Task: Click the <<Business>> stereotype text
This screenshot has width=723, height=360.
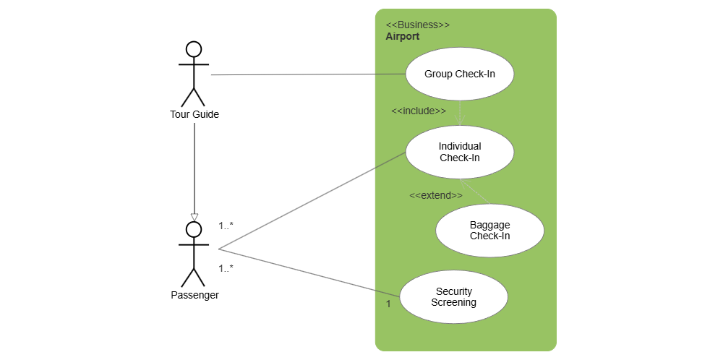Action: point(417,25)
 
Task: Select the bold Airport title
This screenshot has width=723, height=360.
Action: point(402,36)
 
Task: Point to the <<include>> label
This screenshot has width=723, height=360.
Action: point(418,111)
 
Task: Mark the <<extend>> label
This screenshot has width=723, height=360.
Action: point(435,195)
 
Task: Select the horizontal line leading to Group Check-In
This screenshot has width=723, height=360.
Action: point(304,74)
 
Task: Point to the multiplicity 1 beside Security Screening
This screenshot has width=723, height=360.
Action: point(388,304)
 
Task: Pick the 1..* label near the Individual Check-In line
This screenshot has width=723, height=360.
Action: point(226,226)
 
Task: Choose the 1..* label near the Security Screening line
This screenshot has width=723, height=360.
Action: point(226,268)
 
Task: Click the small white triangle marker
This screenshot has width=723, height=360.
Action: point(194,217)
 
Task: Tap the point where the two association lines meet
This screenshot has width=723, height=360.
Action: point(219,249)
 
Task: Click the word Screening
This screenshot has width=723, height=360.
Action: point(453,302)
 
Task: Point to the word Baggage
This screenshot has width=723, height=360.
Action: point(489,225)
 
